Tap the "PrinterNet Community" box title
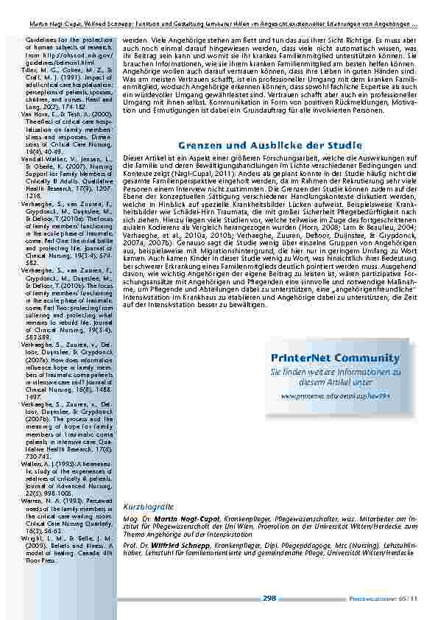point(335,358)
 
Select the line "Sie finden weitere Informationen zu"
point(335,373)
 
